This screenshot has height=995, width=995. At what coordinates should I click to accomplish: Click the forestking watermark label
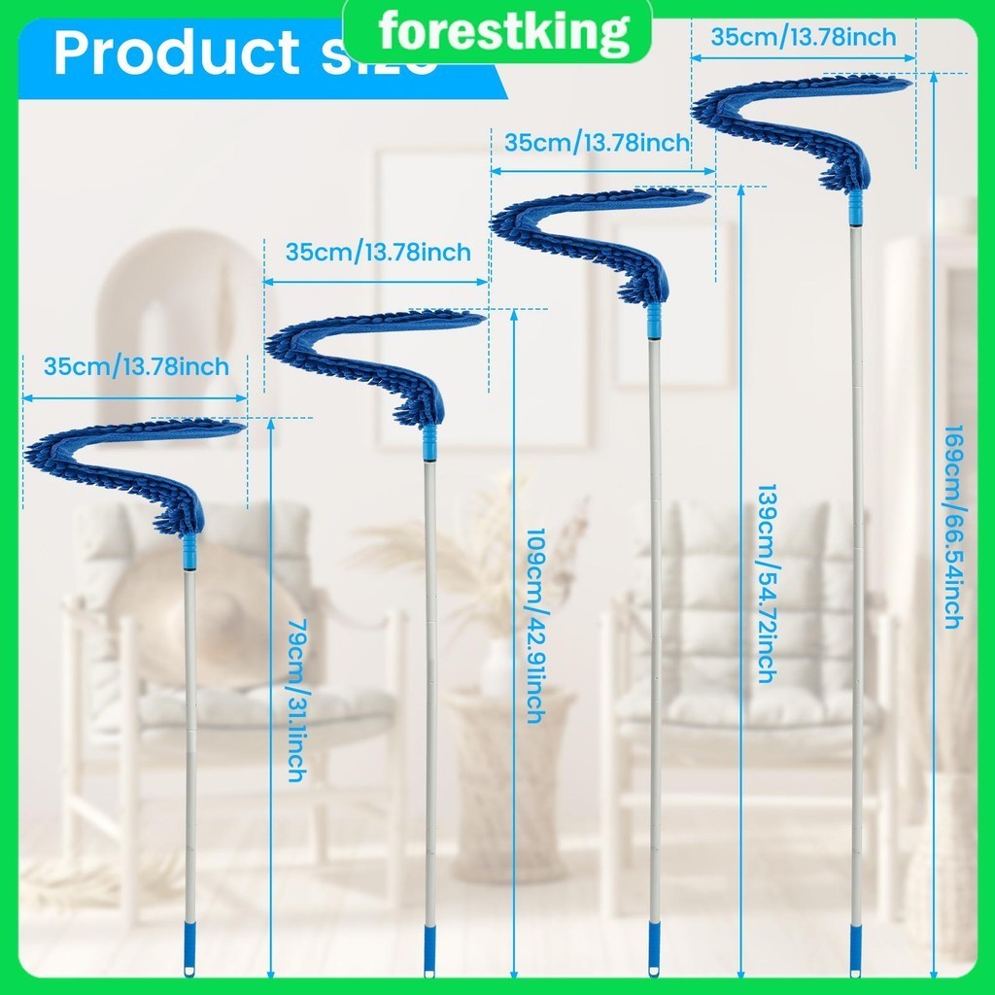pyautogui.click(x=502, y=32)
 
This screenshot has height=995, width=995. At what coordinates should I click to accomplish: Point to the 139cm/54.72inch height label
pyautogui.click(x=766, y=583)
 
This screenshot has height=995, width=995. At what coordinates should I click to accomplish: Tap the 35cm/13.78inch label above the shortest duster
pyautogui.click(x=136, y=367)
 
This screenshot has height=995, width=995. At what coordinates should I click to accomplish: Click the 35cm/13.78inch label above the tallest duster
pyautogui.click(x=804, y=38)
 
